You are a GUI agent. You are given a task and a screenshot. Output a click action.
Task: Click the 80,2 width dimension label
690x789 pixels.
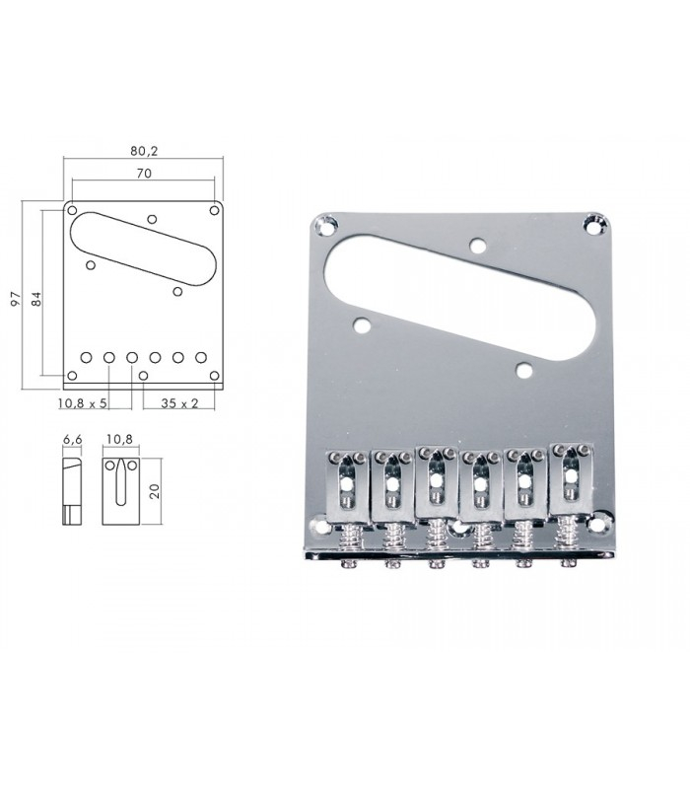(144, 151)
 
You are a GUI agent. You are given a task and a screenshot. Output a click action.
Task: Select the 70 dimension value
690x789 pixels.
(144, 174)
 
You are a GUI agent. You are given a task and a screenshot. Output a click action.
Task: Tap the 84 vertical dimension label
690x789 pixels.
(36, 299)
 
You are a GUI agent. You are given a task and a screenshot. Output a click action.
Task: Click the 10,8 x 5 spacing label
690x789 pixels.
(83, 403)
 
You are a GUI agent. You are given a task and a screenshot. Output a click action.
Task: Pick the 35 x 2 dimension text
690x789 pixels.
(179, 403)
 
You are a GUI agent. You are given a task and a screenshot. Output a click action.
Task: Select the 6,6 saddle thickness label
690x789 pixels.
(72, 439)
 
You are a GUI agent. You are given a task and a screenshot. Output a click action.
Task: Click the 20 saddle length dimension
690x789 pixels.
(155, 491)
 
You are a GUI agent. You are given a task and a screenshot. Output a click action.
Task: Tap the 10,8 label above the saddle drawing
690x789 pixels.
(119, 439)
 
